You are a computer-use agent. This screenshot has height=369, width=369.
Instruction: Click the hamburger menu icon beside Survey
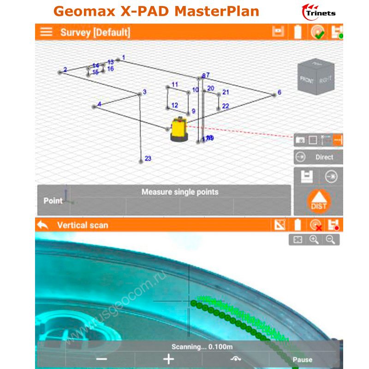tap(46, 32)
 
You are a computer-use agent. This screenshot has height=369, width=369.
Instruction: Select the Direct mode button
tap(319, 157)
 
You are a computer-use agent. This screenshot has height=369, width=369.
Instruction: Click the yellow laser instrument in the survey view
tap(178, 130)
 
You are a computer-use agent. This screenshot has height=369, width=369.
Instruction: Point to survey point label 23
tap(148, 158)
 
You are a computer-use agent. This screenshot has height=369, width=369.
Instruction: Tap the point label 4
tap(99, 104)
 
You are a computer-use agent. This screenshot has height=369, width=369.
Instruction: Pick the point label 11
tap(174, 84)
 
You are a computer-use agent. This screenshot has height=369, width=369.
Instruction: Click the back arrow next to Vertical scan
tap(43, 225)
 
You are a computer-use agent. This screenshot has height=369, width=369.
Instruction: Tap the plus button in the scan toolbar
tap(169, 359)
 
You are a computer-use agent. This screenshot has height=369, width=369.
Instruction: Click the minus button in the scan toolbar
tap(102, 359)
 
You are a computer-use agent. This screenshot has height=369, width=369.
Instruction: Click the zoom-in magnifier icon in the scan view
tap(314, 239)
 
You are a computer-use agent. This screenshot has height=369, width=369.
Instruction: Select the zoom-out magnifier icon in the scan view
tap(330, 239)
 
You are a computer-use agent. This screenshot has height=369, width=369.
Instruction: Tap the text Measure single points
tap(180, 192)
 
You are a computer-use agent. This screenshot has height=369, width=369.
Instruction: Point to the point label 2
tap(65, 70)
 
